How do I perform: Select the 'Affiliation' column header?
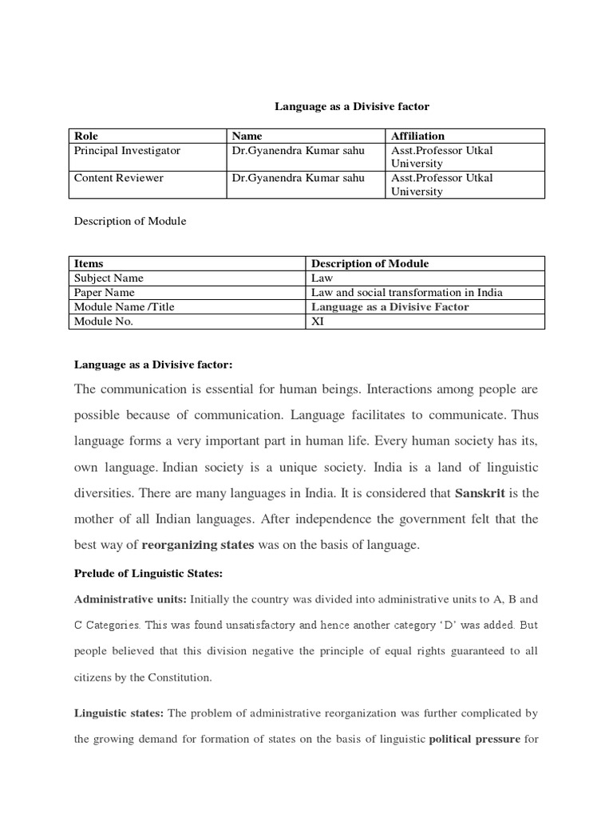(x=417, y=136)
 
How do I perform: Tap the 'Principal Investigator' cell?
(x=127, y=151)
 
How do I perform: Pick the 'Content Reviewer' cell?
(x=118, y=178)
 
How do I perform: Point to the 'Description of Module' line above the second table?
(x=130, y=221)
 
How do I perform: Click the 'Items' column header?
(x=89, y=263)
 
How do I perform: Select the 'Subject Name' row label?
(x=109, y=278)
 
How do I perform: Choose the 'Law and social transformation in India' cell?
(x=406, y=293)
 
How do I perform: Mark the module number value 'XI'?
(x=318, y=322)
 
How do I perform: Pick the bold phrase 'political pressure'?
(x=474, y=739)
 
